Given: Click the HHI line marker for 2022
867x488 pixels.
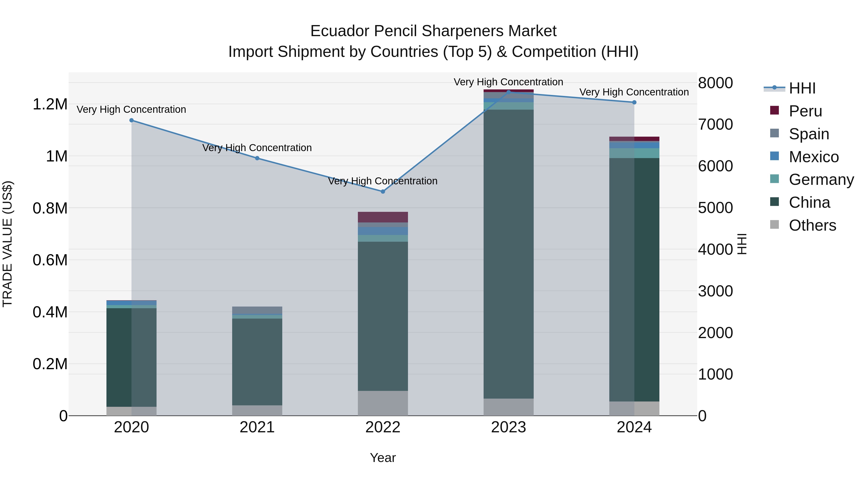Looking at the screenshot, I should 383,191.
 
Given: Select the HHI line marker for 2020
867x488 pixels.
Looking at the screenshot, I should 131,120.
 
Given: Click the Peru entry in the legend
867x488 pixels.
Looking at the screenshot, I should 805,111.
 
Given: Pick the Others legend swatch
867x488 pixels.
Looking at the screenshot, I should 775,225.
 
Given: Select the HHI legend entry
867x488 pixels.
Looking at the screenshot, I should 802,88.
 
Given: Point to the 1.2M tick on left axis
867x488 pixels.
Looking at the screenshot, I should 50,104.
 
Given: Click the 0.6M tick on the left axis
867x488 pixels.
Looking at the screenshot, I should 50,260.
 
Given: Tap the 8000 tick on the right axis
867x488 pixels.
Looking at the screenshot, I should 715,83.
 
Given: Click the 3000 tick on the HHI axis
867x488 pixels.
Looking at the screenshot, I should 715,291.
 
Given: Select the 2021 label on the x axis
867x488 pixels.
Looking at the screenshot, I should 257,427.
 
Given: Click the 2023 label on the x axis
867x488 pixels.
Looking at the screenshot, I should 508,427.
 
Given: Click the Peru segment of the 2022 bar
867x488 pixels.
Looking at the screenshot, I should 383,217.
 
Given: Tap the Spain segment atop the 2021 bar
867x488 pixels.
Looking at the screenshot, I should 257,310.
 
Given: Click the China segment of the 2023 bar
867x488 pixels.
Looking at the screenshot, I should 508,253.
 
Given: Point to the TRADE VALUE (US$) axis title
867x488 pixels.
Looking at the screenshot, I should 7,244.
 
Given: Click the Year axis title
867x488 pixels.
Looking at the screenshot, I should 383,458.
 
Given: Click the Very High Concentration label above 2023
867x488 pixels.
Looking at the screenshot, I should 508,82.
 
